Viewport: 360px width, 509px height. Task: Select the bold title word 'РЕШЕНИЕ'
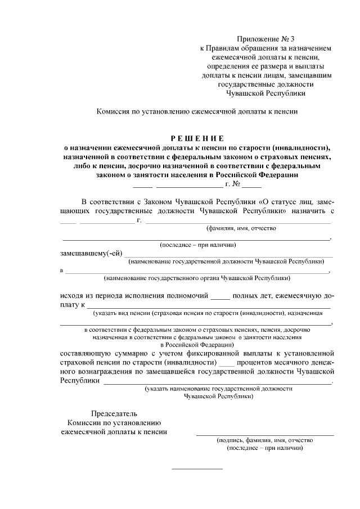(x=197, y=138)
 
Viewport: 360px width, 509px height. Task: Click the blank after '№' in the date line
(x=252, y=184)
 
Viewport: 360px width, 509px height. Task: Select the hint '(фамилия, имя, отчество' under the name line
(x=241, y=228)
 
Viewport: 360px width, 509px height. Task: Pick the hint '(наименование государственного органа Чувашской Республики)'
(x=197, y=278)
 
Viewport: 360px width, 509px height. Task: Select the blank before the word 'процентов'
(x=226, y=364)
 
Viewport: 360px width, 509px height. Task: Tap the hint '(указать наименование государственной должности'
(x=218, y=388)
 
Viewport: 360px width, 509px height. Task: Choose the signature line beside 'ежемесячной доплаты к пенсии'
(x=264, y=434)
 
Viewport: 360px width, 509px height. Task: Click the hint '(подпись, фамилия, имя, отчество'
(x=264, y=440)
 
